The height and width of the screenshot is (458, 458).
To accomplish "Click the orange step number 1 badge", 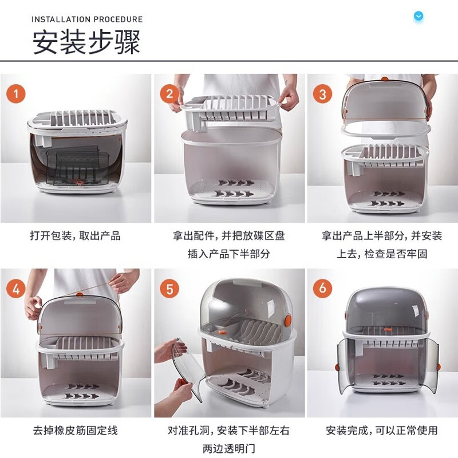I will pyautogui.click(x=16, y=93).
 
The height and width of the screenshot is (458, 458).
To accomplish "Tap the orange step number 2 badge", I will pyautogui.click(x=169, y=93).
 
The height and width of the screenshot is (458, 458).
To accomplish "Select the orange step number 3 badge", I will pyautogui.click(x=322, y=93).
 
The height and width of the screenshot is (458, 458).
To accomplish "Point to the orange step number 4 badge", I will pyautogui.click(x=16, y=289).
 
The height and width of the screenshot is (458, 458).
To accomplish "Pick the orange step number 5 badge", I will pyautogui.click(x=169, y=289).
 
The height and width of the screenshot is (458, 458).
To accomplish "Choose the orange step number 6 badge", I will pyautogui.click(x=322, y=289).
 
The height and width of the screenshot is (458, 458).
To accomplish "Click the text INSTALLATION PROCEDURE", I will pyautogui.click(x=87, y=19).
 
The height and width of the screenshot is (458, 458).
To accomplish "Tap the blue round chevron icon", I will pyautogui.click(x=418, y=16).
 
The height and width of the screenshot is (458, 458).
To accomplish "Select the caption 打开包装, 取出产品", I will pyautogui.click(x=76, y=236).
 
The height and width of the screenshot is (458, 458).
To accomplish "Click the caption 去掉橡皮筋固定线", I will pyautogui.click(x=76, y=430).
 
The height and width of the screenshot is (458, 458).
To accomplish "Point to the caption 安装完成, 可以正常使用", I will pyautogui.click(x=382, y=430).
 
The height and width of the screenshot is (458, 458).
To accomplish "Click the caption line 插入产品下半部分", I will pyautogui.click(x=228, y=254).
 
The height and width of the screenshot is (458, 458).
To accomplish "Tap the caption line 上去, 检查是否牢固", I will pyautogui.click(x=382, y=254).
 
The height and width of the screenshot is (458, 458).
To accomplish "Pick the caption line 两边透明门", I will pyautogui.click(x=228, y=448).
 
